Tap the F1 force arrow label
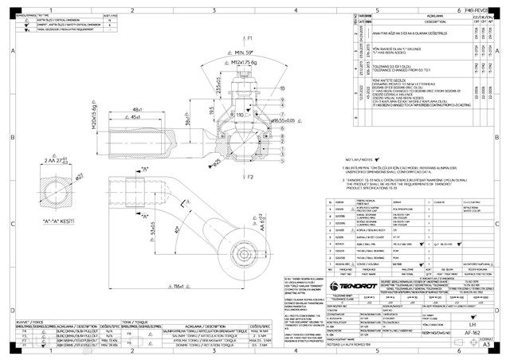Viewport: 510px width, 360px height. tap(249, 38)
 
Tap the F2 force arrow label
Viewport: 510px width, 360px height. tap(249, 174)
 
